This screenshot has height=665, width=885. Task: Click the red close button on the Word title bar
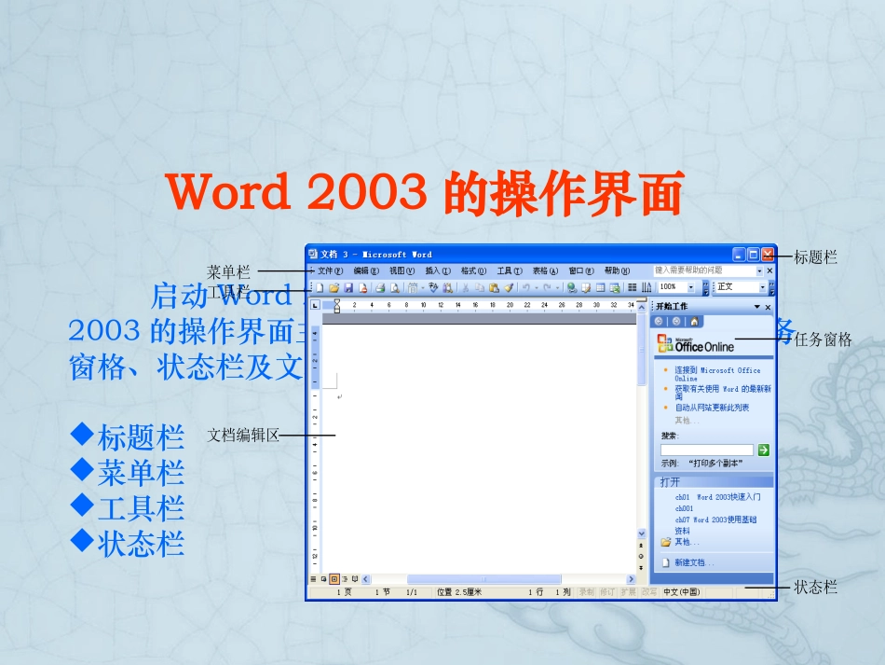point(768,254)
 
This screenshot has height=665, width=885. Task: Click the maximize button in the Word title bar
point(754,254)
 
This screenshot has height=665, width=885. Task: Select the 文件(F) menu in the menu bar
point(331,270)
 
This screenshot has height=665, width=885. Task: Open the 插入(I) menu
point(438,270)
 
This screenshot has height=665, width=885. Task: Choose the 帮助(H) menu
point(618,270)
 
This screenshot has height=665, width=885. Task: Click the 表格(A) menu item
point(546,270)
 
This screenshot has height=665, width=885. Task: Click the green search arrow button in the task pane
point(764,450)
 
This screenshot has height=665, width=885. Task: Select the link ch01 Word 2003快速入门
point(717,497)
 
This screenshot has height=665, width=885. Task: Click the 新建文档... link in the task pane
point(694,562)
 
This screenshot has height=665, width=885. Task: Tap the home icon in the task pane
point(693,322)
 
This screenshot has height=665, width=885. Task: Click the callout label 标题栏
point(815,256)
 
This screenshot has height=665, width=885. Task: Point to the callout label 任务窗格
point(824,339)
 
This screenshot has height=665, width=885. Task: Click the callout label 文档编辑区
point(243,435)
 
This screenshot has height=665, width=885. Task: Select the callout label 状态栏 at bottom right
point(815,587)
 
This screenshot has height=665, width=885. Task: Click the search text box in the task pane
point(706,450)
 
